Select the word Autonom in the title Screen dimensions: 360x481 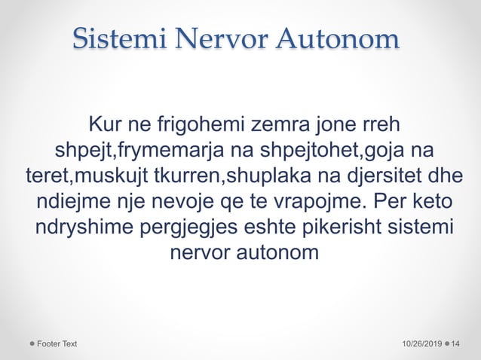[337, 39]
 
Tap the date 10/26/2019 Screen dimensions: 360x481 [422, 343]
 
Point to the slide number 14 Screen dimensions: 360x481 [456, 343]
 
